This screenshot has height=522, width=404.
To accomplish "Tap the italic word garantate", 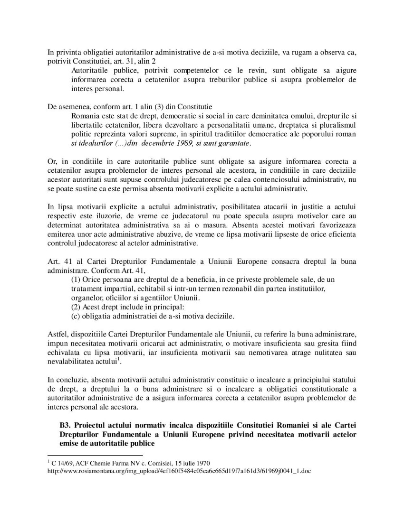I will point(233,143).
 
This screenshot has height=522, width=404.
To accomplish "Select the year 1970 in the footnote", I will point(204,463).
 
